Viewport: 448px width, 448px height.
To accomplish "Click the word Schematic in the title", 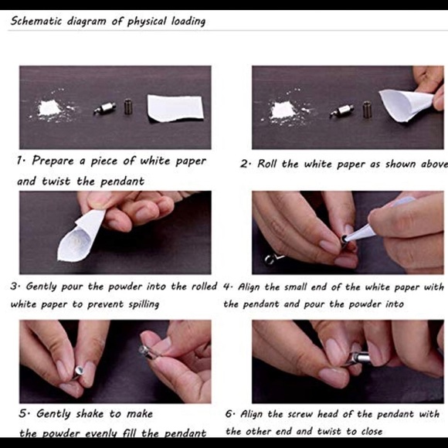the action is [x=36, y=21].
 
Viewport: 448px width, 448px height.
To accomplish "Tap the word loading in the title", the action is [x=188, y=22].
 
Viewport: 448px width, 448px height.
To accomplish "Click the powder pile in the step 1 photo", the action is [x=51, y=109].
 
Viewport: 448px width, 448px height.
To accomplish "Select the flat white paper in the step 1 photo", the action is [x=175, y=108].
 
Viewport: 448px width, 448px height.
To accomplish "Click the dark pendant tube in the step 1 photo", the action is [x=128, y=107].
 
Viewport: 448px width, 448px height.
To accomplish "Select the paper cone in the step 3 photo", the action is [x=80, y=236].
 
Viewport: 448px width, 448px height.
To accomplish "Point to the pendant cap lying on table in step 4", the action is [x=271, y=259].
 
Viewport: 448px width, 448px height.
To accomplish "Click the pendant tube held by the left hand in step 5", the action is [x=77, y=372].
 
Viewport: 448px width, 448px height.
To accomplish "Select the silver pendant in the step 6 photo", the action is [x=358, y=359].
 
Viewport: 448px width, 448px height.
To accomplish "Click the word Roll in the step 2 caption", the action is [x=267, y=164].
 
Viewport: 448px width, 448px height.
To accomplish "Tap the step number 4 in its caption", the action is [x=227, y=287].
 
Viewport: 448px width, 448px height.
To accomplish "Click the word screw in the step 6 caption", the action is [x=297, y=414].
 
